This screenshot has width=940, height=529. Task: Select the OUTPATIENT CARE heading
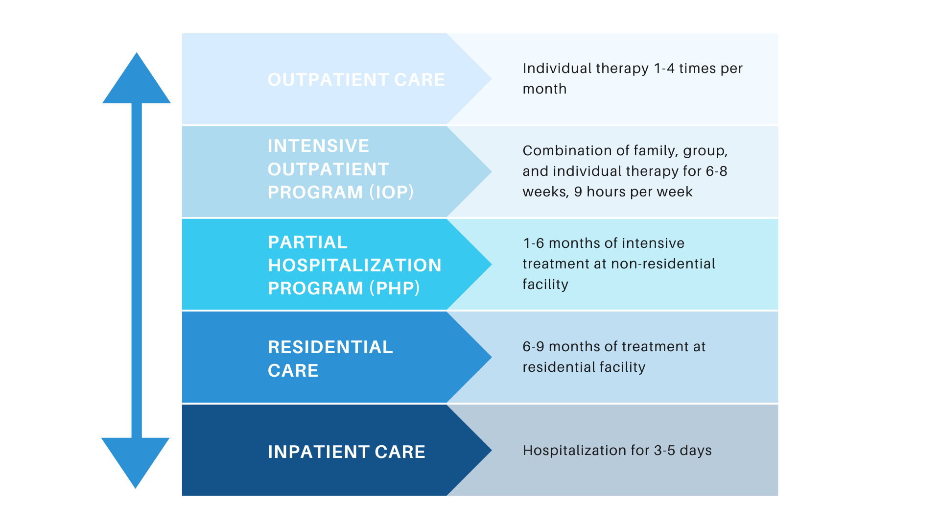tap(356, 80)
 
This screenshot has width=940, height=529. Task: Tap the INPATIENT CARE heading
tap(347, 452)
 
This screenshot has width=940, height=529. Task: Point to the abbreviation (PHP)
tap(395, 288)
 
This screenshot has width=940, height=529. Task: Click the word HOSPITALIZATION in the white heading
tap(354, 265)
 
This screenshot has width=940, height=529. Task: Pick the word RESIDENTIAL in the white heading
tap(330, 347)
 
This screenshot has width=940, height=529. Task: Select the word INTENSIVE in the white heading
tap(318, 145)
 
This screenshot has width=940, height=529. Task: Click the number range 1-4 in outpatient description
tap(664, 68)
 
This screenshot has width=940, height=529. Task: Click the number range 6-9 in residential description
tap(533, 346)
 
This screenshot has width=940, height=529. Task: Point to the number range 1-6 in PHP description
tap(534, 243)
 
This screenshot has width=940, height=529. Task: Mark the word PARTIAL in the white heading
tap(307, 242)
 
